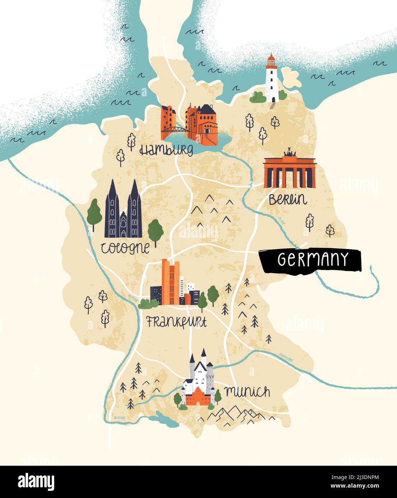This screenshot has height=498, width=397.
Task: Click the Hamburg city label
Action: point(166,149)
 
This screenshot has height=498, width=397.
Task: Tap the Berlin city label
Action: point(288,200)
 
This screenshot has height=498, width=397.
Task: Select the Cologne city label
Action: point(125,248)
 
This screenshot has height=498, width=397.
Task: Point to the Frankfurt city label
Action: point(176,322)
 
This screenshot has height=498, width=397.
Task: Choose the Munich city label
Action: point(247,392)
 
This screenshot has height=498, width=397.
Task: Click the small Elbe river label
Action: point(282,221)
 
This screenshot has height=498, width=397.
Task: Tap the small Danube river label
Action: point(286,357)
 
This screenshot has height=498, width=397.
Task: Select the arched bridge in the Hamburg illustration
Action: point(174,130)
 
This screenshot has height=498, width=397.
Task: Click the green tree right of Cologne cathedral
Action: point(155,231)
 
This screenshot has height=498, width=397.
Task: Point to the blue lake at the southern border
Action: point(165,420)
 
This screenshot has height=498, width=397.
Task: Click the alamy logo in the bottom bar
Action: point(36,482)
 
